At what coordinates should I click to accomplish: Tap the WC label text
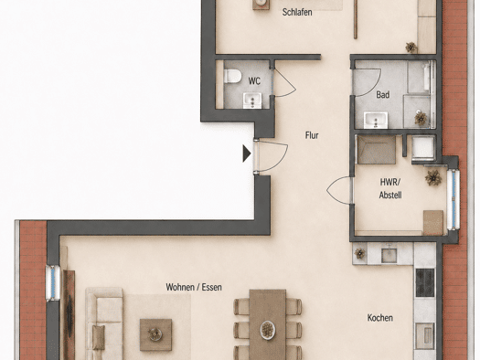click(254, 81)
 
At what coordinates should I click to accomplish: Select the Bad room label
click(383, 95)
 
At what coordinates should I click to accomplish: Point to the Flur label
click(312, 135)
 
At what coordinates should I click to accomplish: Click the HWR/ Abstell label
click(390, 188)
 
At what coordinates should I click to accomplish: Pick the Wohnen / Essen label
click(194, 287)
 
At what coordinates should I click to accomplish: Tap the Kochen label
click(380, 318)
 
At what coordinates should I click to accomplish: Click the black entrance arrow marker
click(247, 154)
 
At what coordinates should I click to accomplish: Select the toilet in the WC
click(232, 76)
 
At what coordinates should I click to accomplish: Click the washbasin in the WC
click(252, 101)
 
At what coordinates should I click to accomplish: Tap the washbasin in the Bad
click(376, 120)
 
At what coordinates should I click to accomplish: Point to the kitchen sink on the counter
click(389, 255)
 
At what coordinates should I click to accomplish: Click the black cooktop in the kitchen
click(425, 282)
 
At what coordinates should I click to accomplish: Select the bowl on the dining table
click(268, 330)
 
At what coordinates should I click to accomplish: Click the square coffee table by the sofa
click(155, 334)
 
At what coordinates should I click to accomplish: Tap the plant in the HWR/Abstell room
click(433, 177)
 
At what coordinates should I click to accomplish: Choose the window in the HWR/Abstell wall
click(453, 199)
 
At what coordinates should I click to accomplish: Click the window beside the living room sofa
click(53, 283)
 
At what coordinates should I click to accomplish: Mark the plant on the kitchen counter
click(360, 253)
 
